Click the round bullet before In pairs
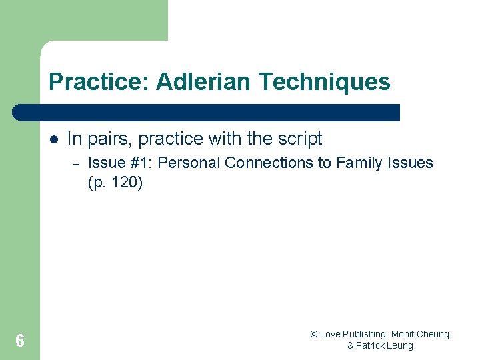click(x=54, y=139)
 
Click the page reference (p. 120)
click(x=115, y=183)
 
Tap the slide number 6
click(x=19, y=341)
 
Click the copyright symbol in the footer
click(x=314, y=334)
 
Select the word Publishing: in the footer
click(x=366, y=334)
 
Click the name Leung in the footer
click(x=401, y=345)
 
